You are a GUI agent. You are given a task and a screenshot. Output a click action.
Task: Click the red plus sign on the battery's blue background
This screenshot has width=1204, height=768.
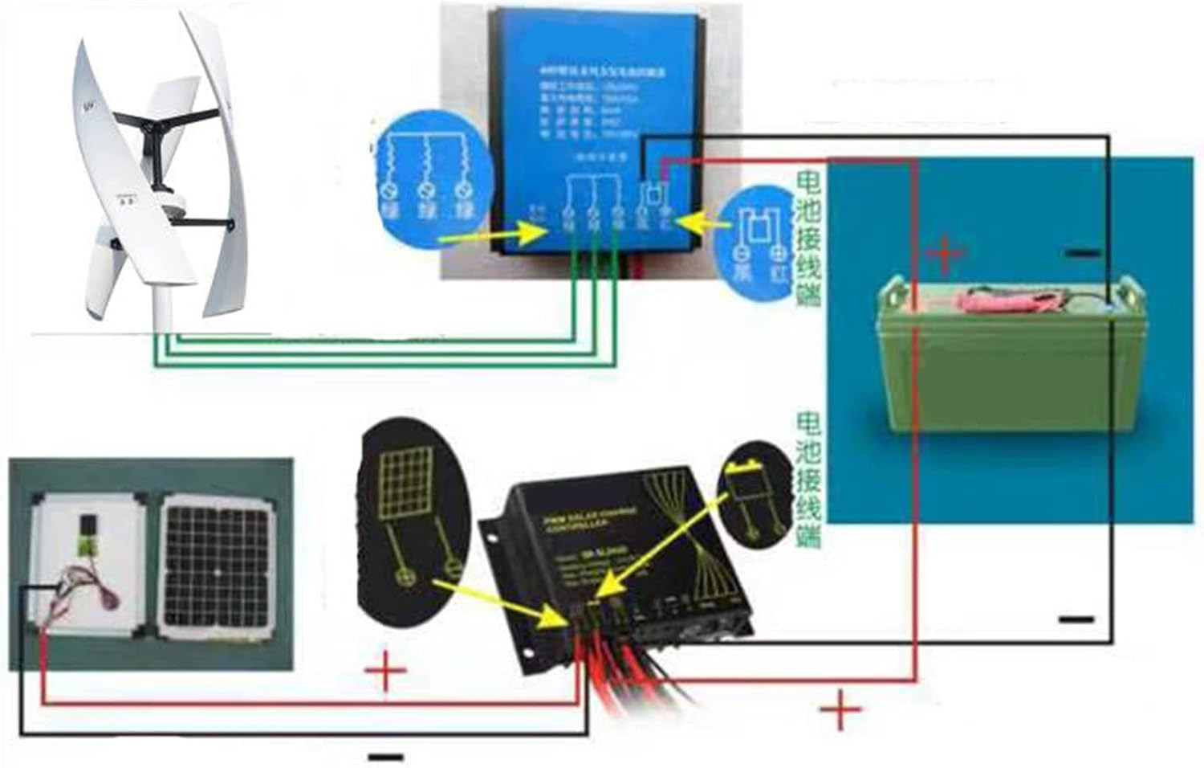[x=945, y=254]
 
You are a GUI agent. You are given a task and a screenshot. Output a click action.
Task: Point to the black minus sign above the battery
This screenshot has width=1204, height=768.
[x=1083, y=253]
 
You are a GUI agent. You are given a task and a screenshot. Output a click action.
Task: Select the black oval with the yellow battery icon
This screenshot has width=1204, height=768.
[x=758, y=494]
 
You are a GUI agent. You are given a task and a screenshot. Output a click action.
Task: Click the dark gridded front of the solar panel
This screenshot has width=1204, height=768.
[x=217, y=566]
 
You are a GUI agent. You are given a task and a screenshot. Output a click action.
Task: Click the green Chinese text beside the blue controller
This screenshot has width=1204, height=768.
[x=808, y=237]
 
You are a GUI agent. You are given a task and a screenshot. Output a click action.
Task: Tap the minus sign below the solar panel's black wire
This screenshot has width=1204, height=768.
[x=385, y=757]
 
